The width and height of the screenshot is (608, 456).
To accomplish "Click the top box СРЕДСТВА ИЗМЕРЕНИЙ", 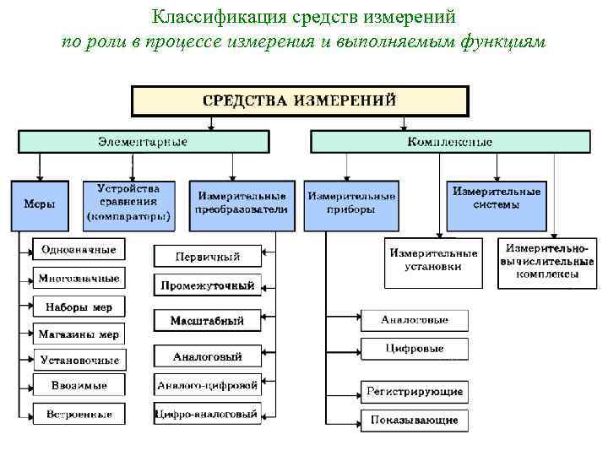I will (299, 100).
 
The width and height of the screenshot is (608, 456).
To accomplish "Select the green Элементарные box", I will (144, 141).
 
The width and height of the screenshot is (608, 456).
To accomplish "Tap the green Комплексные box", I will (449, 141).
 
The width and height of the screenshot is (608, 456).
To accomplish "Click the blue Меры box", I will (40, 205).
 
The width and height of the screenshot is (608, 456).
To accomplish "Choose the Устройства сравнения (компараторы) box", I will (128, 204).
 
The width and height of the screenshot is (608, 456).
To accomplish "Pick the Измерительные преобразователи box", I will (242, 204).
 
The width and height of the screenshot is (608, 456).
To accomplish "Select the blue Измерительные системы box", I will (497, 204).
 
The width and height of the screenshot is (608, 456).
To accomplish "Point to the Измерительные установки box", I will (433, 259).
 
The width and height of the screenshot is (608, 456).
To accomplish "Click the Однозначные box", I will (79, 250).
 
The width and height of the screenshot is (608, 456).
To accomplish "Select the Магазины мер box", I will (79, 334).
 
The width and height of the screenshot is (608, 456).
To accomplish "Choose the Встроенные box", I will (79, 414).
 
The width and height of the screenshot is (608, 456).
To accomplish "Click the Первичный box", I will (207, 256).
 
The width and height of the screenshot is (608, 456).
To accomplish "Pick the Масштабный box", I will (207, 321).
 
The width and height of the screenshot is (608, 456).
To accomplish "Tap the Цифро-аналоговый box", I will (207, 414).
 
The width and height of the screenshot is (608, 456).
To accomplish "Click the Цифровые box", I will (414, 348).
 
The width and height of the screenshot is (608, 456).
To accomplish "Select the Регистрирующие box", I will (414, 392).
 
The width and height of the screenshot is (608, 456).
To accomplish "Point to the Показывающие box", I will (414, 419).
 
